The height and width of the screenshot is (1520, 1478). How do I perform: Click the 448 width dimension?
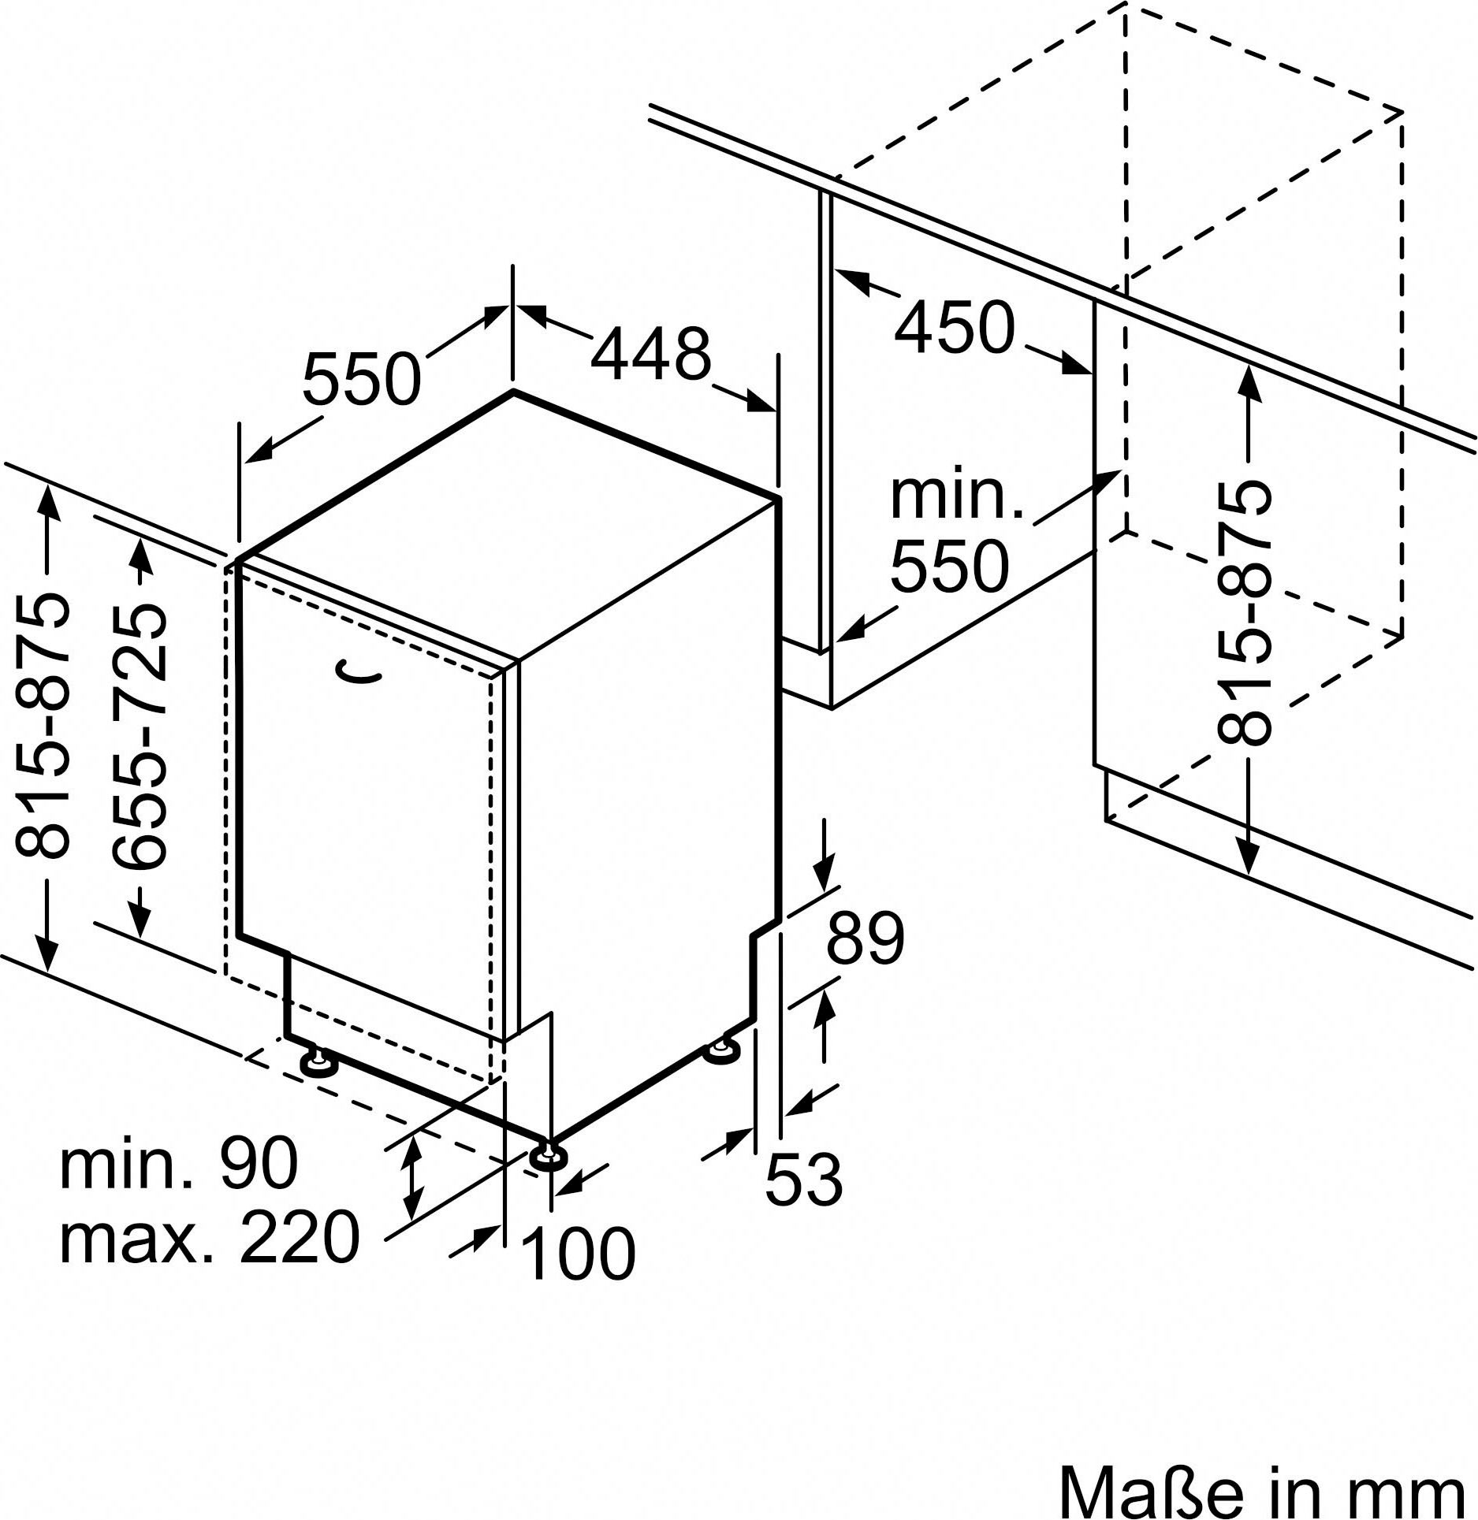650,354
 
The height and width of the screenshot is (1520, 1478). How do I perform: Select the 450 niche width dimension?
954,327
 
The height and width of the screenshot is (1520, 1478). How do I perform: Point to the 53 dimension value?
804,1180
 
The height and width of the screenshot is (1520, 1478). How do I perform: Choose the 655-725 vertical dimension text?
140,737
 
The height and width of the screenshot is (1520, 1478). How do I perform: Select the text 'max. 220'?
210,1236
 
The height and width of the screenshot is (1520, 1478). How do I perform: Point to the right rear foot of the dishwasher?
722,1051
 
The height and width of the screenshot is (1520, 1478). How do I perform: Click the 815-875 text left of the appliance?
43,726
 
